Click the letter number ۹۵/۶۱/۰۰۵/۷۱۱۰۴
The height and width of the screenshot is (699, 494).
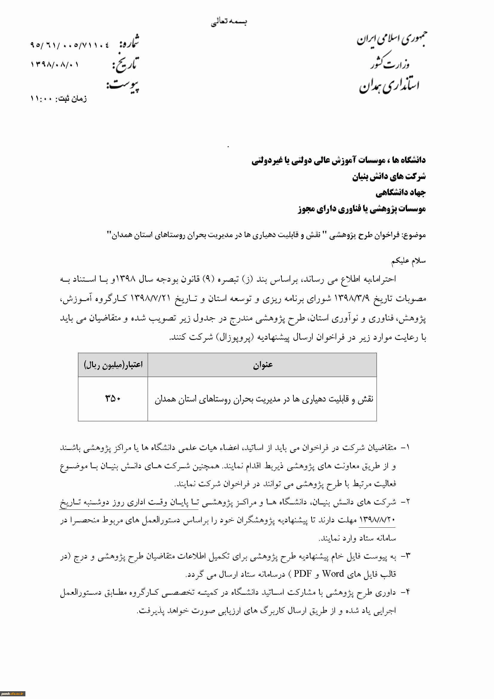click(x=69, y=45)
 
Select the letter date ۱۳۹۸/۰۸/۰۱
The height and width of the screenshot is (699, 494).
click(x=55, y=65)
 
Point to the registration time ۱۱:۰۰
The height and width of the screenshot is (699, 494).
click(x=41, y=99)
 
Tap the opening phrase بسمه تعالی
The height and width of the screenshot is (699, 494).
click(x=229, y=22)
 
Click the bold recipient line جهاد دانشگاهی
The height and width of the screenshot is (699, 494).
click(x=400, y=193)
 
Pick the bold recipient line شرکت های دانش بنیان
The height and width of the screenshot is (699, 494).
click(x=389, y=176)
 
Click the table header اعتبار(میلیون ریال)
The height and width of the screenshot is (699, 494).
click(x=113, y=365)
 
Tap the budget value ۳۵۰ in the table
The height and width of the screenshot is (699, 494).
click(x=113, y=398)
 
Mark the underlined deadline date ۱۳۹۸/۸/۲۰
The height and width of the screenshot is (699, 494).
click(x=377, y=520)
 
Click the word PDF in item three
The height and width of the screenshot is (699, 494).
click(x=302, y=573)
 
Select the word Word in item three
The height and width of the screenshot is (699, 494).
click(x=333, y=573)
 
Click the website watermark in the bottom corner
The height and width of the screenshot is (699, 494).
click(x=13, y=694)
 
